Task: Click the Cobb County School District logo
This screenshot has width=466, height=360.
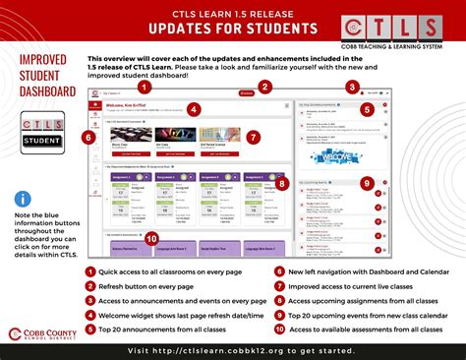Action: point(42,336)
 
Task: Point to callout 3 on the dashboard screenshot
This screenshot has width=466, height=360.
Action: point(352,88)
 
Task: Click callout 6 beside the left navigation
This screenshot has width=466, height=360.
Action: point(89,138)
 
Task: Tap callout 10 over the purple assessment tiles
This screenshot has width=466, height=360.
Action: point(151,239)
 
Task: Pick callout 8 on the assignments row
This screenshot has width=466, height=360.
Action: point(282,183)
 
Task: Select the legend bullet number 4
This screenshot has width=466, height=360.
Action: point(90,316)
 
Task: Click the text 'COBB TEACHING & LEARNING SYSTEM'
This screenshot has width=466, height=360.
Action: point(404,48)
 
